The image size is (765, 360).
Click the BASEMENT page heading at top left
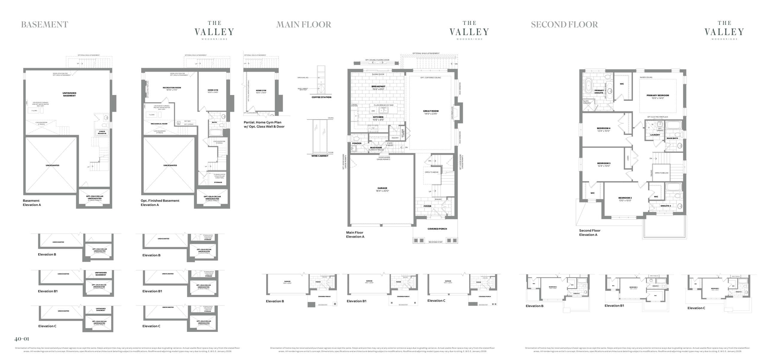click(45, 24)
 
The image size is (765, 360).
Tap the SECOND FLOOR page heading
click(564, 24)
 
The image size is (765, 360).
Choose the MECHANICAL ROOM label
click(159, 124)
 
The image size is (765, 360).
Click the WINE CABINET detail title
click(320, 156)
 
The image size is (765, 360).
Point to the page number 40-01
click(22, 339)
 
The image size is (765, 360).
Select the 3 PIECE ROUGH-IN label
click(102, 132)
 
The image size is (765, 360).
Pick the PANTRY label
click(395, 138)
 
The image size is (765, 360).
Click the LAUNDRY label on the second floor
click(655, 135)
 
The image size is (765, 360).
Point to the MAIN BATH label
click(672, 138)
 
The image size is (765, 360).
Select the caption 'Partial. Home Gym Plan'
click(262, 122)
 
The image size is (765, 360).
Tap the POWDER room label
click(357, 143)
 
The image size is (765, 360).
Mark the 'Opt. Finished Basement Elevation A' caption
click(160, 203)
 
